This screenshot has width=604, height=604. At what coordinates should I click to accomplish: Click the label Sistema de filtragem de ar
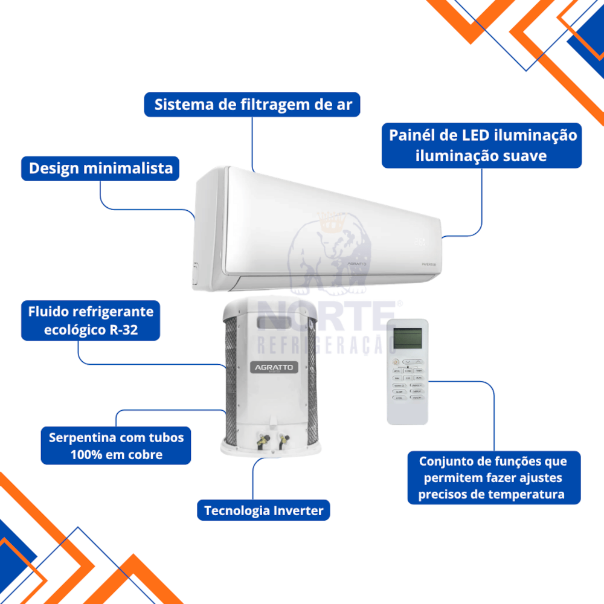(252, 104)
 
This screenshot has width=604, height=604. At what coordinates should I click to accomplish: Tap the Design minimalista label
(101, 168)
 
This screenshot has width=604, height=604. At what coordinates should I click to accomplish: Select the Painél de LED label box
(481, 145)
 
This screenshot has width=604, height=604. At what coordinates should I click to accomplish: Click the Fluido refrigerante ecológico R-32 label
(91, 321)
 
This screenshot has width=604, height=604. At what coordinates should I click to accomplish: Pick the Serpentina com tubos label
(116, 445)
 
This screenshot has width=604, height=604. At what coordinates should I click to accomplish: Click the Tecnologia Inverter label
(264, 511)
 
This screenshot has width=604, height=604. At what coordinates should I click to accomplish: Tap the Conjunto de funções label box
(494, 477)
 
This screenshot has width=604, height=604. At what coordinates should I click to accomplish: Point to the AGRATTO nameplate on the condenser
(272, 367)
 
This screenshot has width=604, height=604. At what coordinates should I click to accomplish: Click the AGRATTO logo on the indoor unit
(356, 264)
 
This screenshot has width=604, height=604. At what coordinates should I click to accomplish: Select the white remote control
(407, 371)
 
